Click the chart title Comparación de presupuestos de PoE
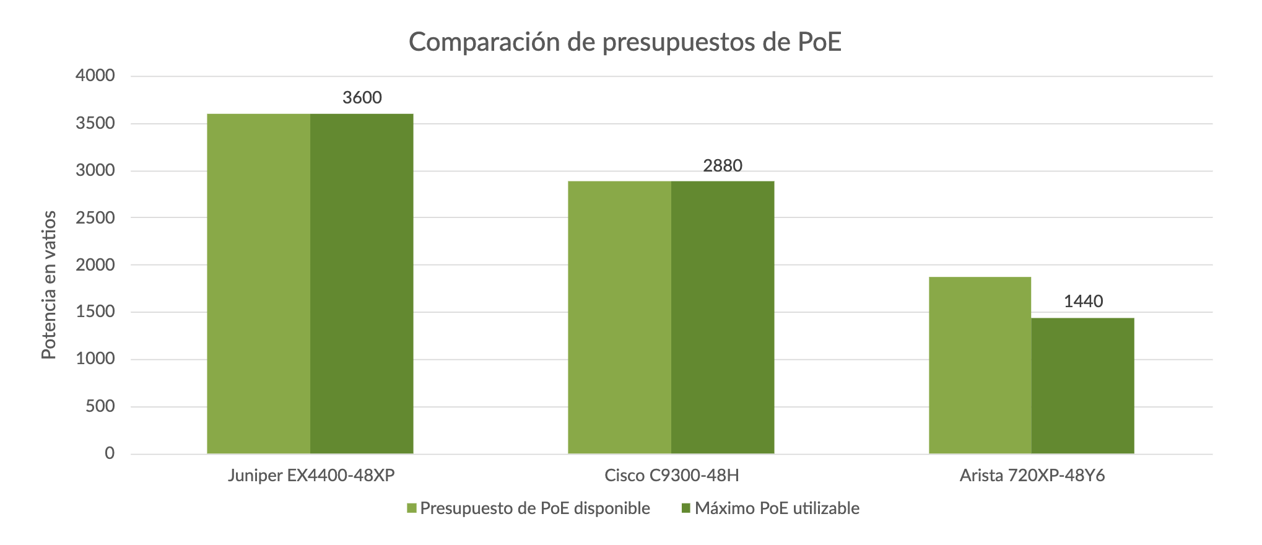click(625, 42)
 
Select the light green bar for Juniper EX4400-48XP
click(258, 284)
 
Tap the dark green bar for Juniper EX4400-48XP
click(362, 284)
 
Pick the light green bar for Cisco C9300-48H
click(619, 317)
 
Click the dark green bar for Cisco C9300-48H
click(723, 317)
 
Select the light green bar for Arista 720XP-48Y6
click(980, 365)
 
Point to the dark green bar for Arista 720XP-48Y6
click(1082, 386)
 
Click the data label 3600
click(362, 98)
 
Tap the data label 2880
click(723, 166)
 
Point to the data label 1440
click(1083, 302)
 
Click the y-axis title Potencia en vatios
click(49, 285)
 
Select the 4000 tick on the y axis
click(95, 76)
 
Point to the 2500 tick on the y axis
click(95, 217)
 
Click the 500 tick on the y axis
click(100, 406)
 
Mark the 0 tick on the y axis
click(110, 453)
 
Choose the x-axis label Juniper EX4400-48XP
click(311, 476)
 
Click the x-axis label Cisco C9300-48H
click(672, 476)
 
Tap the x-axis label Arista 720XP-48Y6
click(1032, 476)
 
